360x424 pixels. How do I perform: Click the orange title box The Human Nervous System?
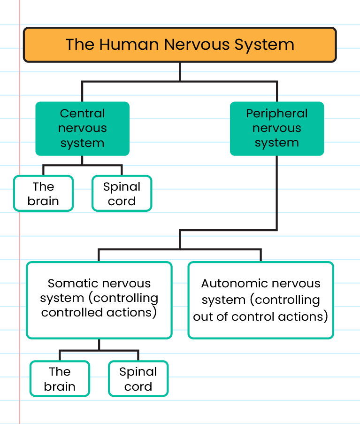(x=180, y=45)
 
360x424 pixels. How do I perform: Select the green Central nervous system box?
(x=82, y=128)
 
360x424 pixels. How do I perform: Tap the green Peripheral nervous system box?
(x=276, y=128)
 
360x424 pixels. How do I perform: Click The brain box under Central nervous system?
(x=43, y=193)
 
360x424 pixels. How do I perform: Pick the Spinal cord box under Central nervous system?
(x=122, y=193)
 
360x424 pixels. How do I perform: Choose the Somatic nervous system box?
(x=99, y=300)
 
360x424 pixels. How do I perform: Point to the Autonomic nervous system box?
(x=260, y=300)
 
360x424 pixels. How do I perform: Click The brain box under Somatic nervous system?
(x=60, y=379)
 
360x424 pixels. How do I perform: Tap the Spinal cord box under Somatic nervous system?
(x=138, y=379)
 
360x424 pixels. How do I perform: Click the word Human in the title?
(x=130, y=45)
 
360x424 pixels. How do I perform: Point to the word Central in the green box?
(x=82, y=114)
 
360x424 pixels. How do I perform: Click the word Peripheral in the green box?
(x=276, y=114)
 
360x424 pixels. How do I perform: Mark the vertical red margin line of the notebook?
(x=20, y=235)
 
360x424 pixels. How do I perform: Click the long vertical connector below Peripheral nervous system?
(x=276, y=193)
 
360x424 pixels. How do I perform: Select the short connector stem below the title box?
(x=180, y=72)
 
